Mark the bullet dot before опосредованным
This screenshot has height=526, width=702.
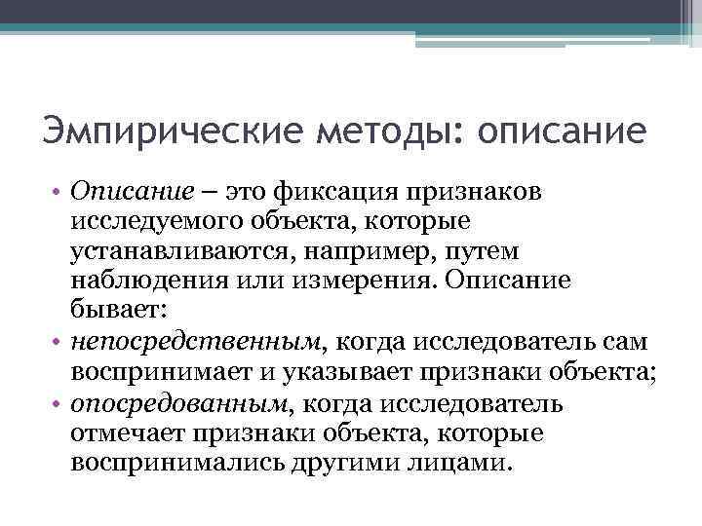(x=57, y=403)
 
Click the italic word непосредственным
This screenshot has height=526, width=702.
(x=196, y=342)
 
